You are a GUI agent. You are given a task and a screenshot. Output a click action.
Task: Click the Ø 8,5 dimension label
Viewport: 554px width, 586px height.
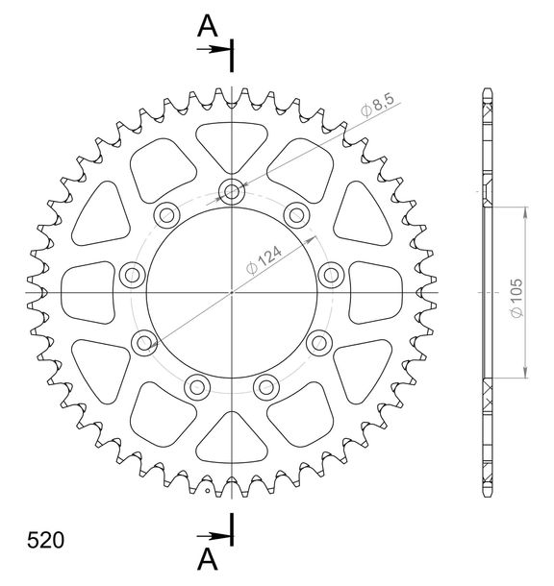[x=377, y=105]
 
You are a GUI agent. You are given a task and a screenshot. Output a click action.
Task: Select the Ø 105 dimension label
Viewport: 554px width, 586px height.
[x=516, y=298]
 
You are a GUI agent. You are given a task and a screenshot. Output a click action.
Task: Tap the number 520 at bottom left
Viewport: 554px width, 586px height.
[x=45, y=540]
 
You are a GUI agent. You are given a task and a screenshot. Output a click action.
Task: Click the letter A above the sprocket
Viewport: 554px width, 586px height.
[x=208, y=26]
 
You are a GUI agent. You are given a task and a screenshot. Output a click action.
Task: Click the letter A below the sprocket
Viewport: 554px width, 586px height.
[x=208, y=560]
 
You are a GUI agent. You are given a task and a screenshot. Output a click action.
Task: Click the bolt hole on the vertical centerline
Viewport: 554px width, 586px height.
[x=232, y=192]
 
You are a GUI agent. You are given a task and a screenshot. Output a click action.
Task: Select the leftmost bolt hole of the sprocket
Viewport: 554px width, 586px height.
[x=132, y=275]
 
